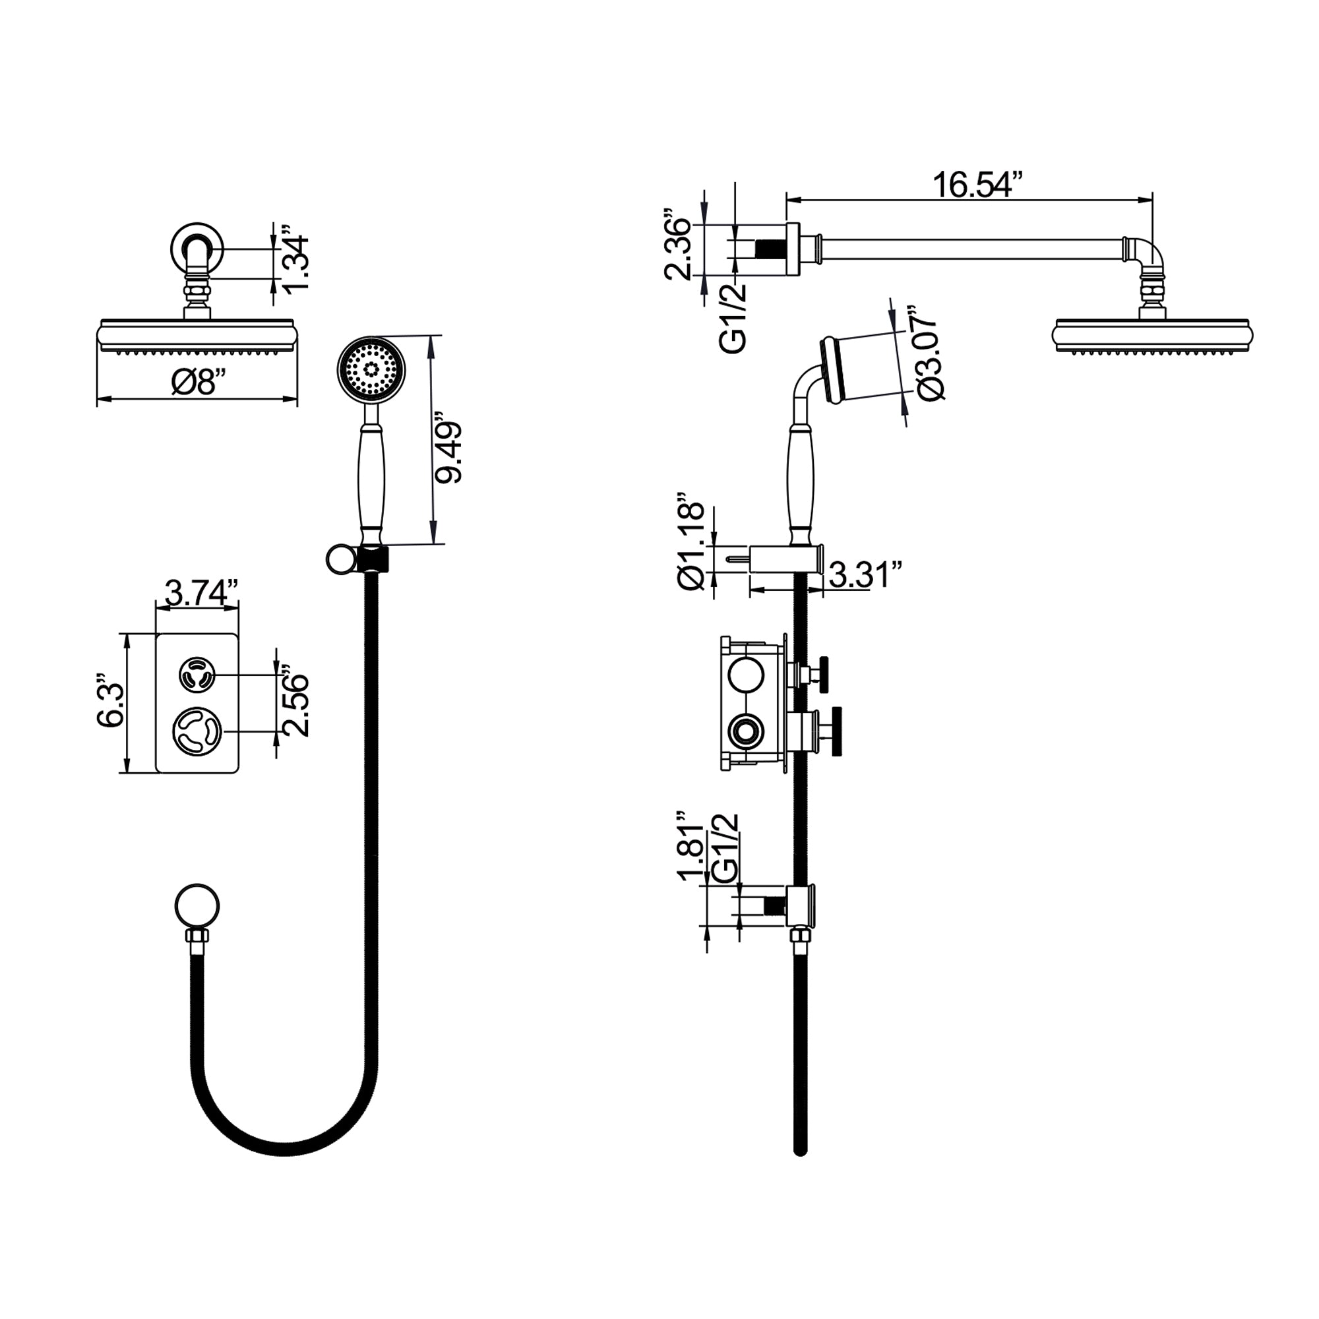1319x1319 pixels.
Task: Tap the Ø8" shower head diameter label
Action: click(198, 383)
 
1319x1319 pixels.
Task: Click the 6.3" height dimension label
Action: click(111, 703)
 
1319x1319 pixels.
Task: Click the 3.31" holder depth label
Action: click(866, 575)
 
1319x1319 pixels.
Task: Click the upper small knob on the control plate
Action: click(197, 676)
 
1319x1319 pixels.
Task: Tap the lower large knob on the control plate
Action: click(197, 731)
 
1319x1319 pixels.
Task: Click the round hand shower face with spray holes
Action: click(371, 370)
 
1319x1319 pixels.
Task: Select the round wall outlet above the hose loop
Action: click(197, 907)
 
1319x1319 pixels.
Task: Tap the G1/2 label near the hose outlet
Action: click(725, 847)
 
